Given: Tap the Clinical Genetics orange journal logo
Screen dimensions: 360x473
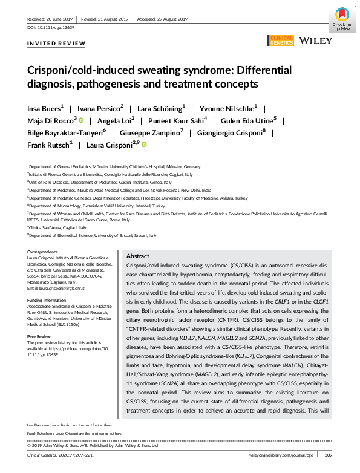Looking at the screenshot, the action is tap(280, 41).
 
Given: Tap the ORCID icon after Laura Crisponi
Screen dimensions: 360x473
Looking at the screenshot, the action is tap(145, 145).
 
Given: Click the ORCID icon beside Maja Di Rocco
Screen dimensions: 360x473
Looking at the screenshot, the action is tap(80, 120).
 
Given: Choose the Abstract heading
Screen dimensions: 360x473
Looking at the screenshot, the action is tap(138, 256).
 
